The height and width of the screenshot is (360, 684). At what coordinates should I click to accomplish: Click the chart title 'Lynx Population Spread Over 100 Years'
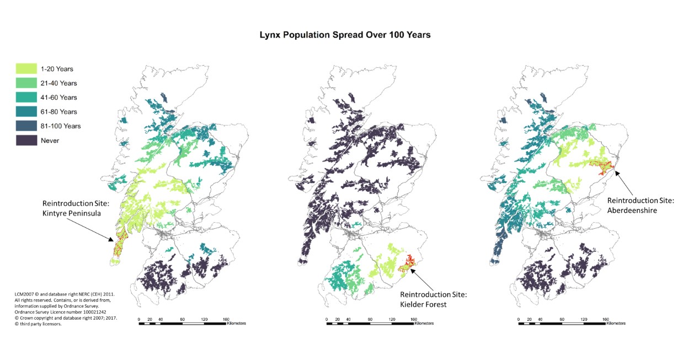click(345, 34)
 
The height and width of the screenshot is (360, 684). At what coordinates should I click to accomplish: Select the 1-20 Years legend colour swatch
click(25, 69)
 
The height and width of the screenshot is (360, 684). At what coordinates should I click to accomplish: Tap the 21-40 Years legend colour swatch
click(25, 83)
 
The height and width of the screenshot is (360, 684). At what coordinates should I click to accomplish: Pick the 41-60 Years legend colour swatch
click(25, 98)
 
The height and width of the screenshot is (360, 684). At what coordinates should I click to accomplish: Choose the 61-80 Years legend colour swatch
click(25, 111)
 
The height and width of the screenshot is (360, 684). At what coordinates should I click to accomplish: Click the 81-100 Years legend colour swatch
click(25, 126)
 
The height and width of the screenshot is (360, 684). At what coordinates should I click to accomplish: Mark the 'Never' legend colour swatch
click(25, 140)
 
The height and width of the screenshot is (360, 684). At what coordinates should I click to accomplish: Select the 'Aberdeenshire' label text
click(632, 210)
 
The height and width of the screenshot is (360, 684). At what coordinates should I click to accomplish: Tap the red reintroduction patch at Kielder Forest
click(407, 264)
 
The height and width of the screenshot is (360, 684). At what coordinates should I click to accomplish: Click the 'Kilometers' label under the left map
click(236, 323)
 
